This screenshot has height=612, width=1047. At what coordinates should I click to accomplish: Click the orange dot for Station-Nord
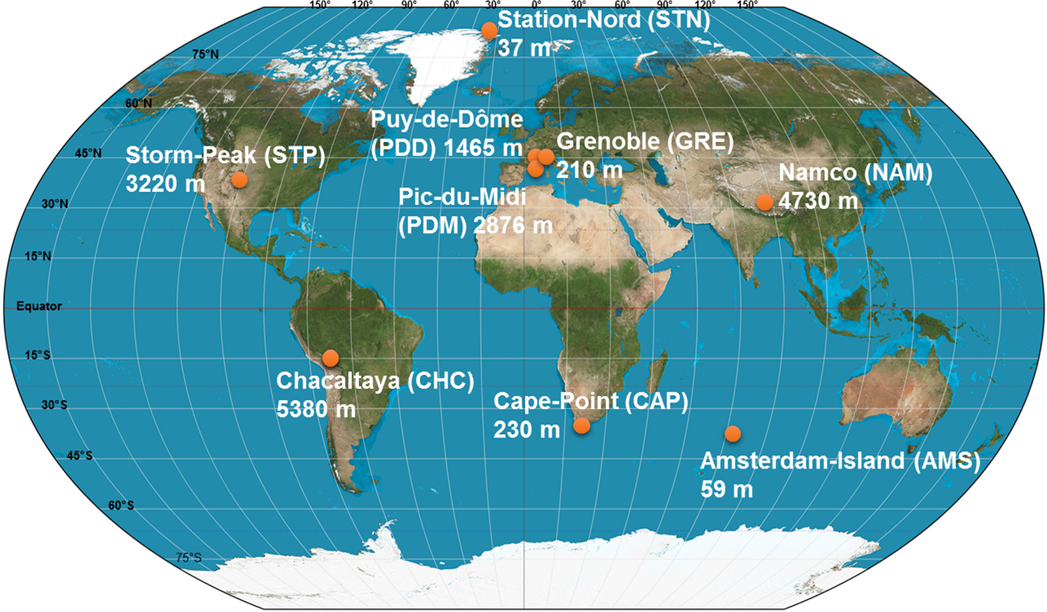click(489, 30)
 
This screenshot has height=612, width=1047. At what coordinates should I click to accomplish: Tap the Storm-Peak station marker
click(239, 180)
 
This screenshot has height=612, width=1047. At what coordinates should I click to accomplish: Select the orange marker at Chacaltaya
click(330, 358)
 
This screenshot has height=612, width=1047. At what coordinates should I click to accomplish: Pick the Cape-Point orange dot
click(582, 426)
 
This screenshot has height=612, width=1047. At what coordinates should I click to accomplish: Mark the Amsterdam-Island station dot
click(733, 434)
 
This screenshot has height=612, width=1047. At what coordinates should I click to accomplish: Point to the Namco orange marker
click(764, 202)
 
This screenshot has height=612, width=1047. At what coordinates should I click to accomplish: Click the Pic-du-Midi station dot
click(536, 169)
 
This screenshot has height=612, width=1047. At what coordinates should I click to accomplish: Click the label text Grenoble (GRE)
click(645, 141)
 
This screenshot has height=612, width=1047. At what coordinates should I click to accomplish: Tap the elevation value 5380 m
click(316, 409)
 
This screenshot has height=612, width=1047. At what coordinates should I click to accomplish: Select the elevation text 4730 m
click(819, 201)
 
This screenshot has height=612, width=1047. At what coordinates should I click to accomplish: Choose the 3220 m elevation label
click(165, 184)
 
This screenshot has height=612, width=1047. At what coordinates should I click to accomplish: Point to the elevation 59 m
click(727, 489)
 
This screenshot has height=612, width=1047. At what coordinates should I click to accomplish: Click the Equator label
click(39, 307)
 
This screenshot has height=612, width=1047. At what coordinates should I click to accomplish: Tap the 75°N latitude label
click(206, 55)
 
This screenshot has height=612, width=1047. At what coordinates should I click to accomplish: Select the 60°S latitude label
click(121, 506)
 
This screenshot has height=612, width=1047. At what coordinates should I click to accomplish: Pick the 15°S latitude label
click(38, 356)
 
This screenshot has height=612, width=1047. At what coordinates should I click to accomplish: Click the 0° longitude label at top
click(536, 5)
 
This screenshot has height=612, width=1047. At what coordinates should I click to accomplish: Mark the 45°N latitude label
click(88, 153)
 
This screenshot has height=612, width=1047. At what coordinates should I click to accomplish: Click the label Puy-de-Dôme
click(447, 120)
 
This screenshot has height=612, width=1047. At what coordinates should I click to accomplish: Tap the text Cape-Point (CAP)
click(591, 401)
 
